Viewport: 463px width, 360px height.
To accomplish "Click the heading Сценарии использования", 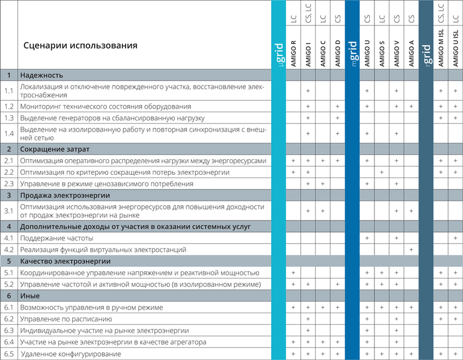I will (x=80, y=45).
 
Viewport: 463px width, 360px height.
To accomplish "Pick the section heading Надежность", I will (x=41, y=75).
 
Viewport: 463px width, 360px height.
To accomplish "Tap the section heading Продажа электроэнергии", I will (x=65, y=195).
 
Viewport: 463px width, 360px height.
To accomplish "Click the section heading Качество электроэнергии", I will (x=66, y=261).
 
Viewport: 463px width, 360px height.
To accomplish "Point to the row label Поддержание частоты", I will (x=56, y=238).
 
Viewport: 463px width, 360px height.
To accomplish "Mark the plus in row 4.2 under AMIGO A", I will (x=411, y=250).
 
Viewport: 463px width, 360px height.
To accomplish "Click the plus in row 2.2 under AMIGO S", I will (x=382, y=173).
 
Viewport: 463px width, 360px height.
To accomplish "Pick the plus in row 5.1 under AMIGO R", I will (x=294, y=273).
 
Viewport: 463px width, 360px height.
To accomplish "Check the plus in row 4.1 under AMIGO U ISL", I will (x=455, y=238).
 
